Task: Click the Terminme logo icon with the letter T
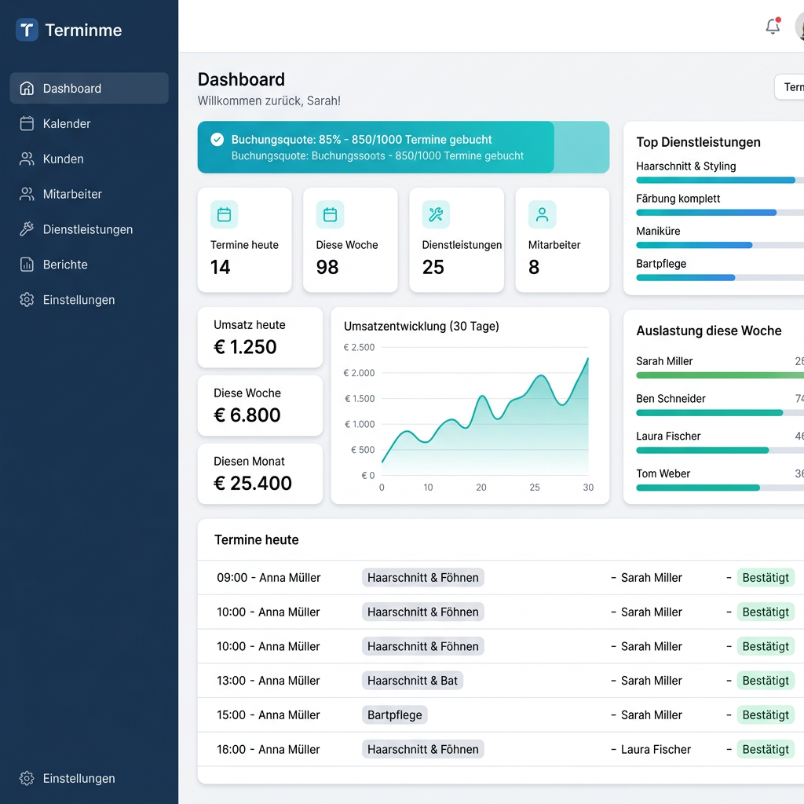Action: [x=27, y=30]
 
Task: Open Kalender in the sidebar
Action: [x=66, y=123]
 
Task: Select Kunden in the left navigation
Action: [x=63, y=159]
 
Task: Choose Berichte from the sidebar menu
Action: [x=65, y=265]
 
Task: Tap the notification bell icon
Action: [x=773, y=26]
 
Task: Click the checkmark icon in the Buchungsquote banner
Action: [x=217, y=140]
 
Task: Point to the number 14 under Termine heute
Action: [x=220, y=267]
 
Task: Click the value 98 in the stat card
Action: [x=327, y=267]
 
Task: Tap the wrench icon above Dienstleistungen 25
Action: [x=436, y=214]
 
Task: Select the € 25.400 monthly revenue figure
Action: [x=253, y=483]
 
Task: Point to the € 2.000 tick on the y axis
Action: [x=359, y=373]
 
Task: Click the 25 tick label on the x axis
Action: [x=534, y=487]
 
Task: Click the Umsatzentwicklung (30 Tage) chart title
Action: [x=422, y=326]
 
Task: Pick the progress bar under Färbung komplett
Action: [x=706, y=212]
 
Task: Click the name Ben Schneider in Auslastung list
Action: [x=671, y=398]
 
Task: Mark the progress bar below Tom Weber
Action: [x=698, y=488]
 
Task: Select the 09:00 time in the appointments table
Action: [x=232, y=577]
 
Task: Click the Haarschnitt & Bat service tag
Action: [x=412, y=681]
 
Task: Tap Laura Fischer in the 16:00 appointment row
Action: [x=656, y=749]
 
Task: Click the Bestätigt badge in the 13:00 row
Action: [x=766, y=681]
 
